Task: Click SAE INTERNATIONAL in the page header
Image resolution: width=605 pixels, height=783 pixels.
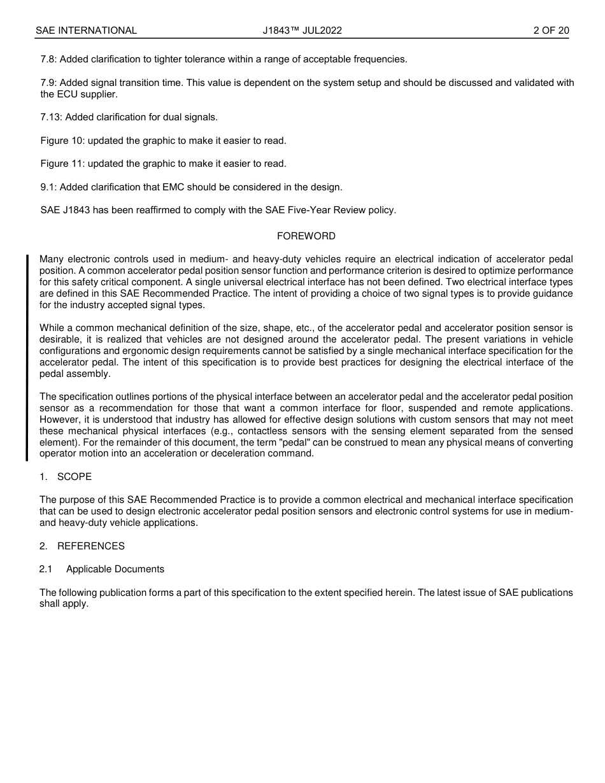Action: (86, 31)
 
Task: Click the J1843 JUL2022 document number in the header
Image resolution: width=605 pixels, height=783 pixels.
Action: (302, 31)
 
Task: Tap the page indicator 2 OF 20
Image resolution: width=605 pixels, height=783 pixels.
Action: (551, 31)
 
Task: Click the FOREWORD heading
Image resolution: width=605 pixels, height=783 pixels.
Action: (306, 236)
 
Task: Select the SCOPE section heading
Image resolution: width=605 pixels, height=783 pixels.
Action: (75, 477)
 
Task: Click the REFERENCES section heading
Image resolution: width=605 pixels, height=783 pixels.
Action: (91, 546)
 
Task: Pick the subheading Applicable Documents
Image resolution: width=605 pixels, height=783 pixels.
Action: (115, 569)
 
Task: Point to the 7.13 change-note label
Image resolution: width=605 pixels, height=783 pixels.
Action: (51, 117)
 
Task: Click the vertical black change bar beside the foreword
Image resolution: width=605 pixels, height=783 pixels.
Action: (27, 357)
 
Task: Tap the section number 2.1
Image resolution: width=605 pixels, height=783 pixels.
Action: (45, 569)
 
